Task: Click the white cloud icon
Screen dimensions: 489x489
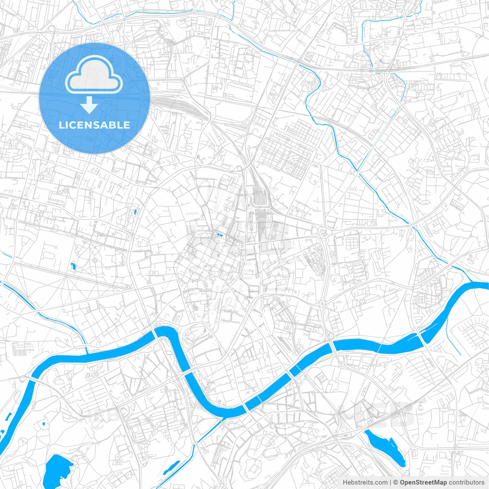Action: point(94,74)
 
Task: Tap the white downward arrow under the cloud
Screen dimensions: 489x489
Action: point(89,105)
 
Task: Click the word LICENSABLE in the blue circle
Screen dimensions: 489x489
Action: point(94,125)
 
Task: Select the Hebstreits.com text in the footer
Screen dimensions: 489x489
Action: point(365,482)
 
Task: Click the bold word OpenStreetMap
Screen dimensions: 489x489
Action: point(423,482)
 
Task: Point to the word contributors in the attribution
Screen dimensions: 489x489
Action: point(466,482)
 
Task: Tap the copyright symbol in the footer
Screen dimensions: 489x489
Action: point(396,482)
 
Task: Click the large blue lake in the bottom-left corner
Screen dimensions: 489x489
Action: point(57,470)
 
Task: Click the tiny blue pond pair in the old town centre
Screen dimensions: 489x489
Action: point(219,234)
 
